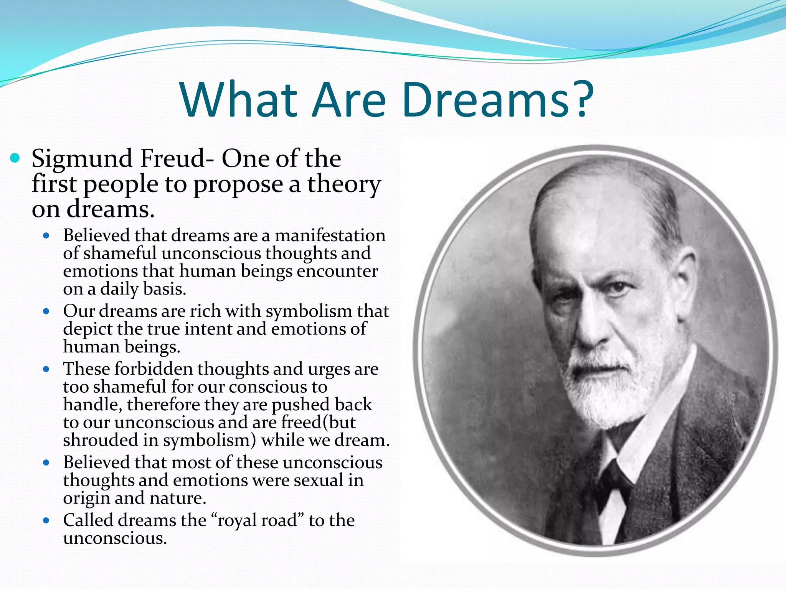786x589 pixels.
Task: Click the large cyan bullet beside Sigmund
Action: [15, 158]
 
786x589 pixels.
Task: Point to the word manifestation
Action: [330, 235]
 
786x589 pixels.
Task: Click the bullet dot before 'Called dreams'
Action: [46, 521]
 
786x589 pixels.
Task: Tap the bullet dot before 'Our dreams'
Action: [46, 311]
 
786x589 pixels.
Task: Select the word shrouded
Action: [100, 440]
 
